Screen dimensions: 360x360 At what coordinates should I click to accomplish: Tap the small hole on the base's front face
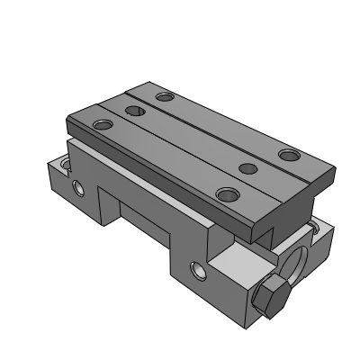pos(198,269)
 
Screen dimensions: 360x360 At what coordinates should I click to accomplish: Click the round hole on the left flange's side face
pos(76,188)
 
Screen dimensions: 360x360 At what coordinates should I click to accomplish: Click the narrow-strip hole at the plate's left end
pos(163,96)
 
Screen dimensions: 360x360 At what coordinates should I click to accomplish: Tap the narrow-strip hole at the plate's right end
pos(288,155)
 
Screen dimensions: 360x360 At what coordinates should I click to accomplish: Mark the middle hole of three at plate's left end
pos(134,112)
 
